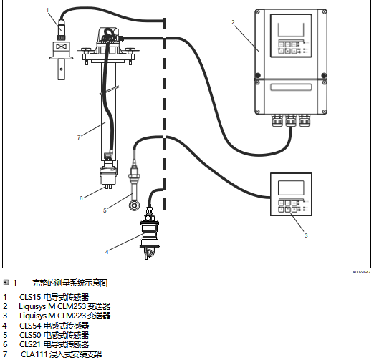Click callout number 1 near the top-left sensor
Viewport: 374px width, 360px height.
click(x=47, y=10)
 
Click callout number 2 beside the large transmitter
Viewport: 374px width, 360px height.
click(x=233, y=22)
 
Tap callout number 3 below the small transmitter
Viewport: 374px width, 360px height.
click(x=306, y=235)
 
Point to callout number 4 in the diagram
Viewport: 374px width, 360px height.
click(x=107, y=252)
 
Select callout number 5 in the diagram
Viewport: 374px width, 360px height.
click(x=105, y=210)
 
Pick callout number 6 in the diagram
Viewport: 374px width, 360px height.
click(x=81, y=198)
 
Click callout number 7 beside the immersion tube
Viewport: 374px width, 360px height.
click(x=79, y=137)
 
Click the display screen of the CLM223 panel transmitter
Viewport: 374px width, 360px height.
click(x=291, y=188)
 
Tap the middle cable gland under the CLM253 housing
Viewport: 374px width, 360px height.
click(x=291, y=120)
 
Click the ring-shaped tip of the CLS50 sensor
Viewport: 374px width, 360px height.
click(x=134, y=205)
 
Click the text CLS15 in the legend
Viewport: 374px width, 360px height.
click(x=30, y=297)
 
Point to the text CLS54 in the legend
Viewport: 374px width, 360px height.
click(x=30, y=326)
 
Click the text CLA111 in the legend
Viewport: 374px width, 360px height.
click(x=34, y=354)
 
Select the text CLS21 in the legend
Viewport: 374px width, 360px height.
click(x=30, y=344)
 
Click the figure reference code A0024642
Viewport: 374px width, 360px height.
click(x=361, y=272)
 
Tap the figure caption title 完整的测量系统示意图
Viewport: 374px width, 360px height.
click(x=69, y=283)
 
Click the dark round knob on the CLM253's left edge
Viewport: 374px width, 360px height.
click(x=258, y=75)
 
